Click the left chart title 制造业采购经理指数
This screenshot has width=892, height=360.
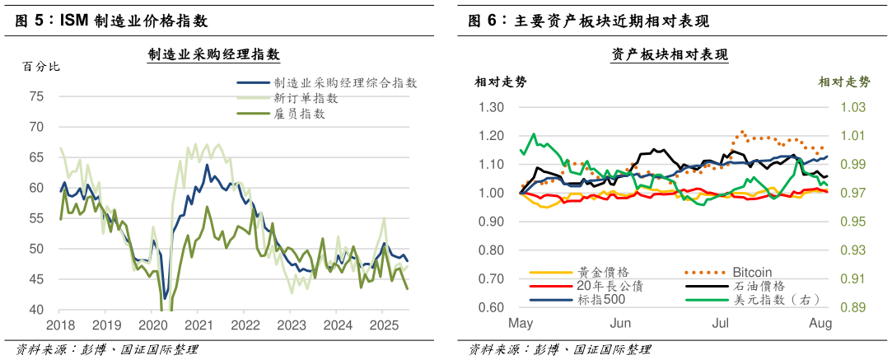213,55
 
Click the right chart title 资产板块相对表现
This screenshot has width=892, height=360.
669,55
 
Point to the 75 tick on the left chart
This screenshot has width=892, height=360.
36,96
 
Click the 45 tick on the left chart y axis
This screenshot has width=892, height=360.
36,279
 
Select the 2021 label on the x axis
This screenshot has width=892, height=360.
198,325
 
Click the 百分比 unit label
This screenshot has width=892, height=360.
41,67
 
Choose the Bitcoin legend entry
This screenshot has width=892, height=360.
752,272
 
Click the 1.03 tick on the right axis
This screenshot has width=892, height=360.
853,107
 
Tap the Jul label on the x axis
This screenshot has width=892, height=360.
720,324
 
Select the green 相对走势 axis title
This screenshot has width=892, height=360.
844,82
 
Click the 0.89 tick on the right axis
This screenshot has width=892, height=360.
853,307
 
